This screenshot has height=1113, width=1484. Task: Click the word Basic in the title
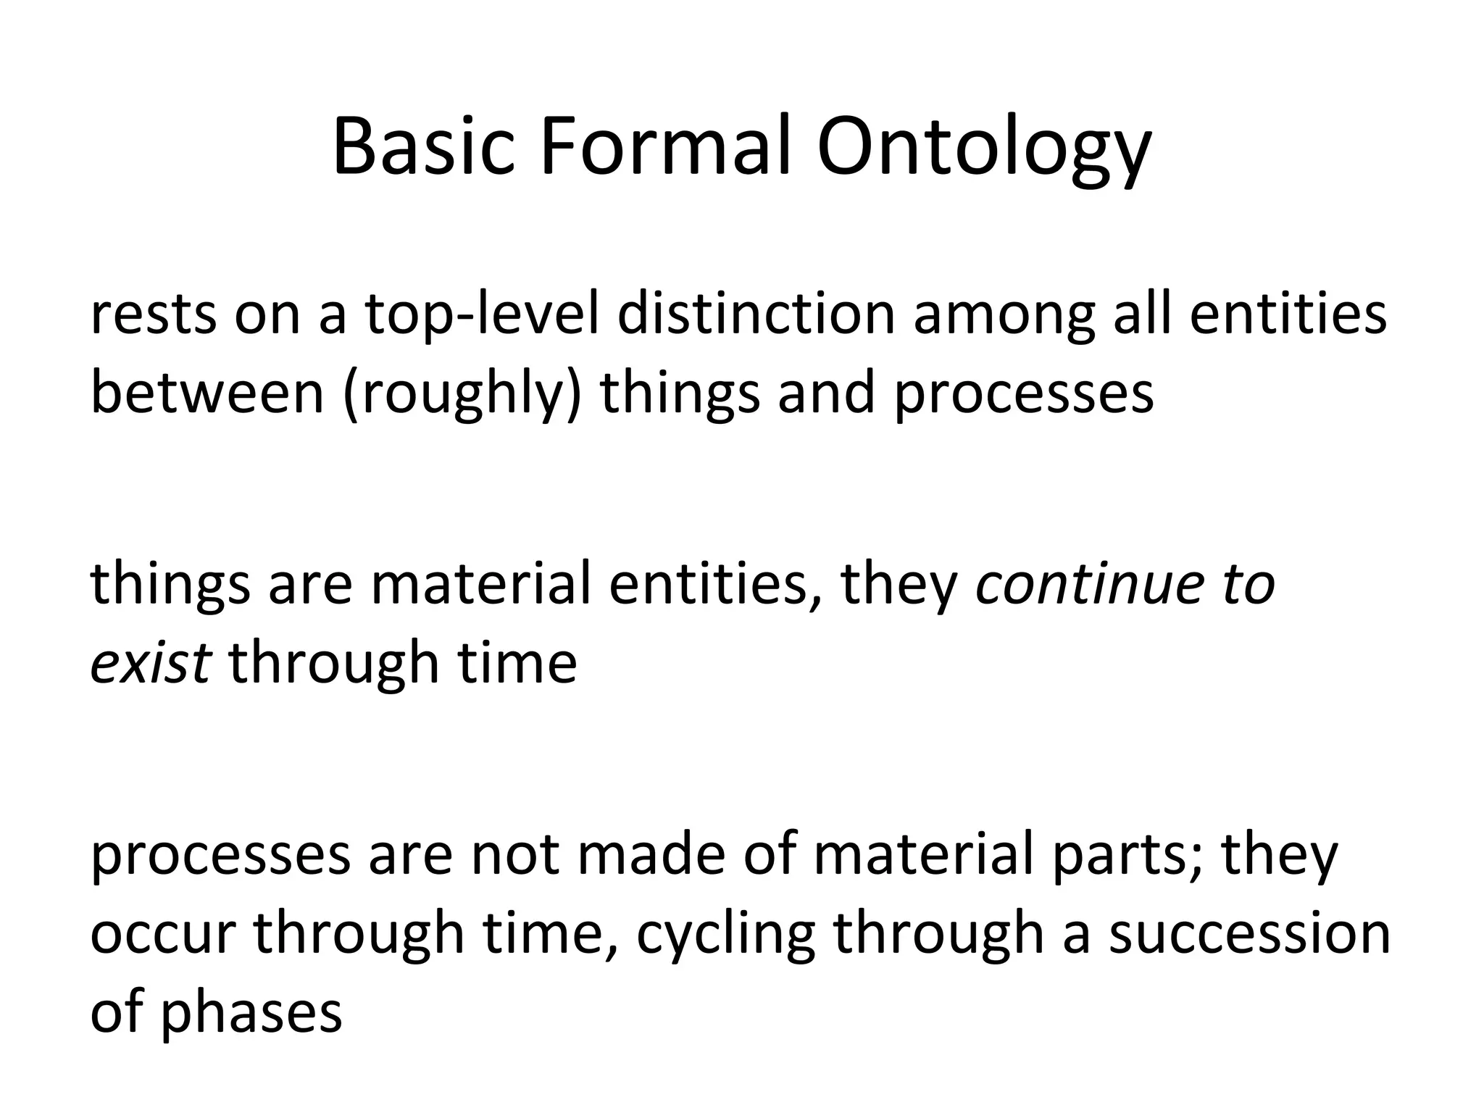coord(423,149)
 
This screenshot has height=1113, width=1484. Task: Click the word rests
coord(153,315)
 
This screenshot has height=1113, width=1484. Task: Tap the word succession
coord(1250,934)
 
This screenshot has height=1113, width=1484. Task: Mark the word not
coord(515,854)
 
